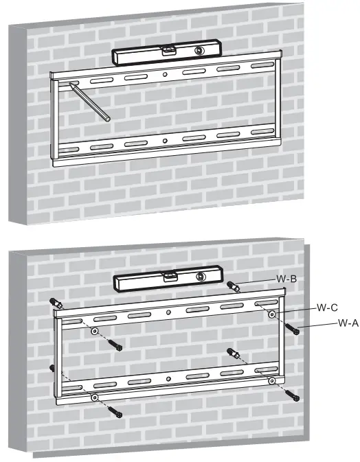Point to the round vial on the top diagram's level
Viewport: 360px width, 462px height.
click(200, 51)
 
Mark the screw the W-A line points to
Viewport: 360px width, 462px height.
click(294, 329)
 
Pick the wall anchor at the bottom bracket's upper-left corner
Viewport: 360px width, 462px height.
click(56, 303)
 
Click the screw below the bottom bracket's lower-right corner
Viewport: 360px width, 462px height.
click(294, 395)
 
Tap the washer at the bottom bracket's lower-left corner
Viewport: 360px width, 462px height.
click(94, 399)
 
